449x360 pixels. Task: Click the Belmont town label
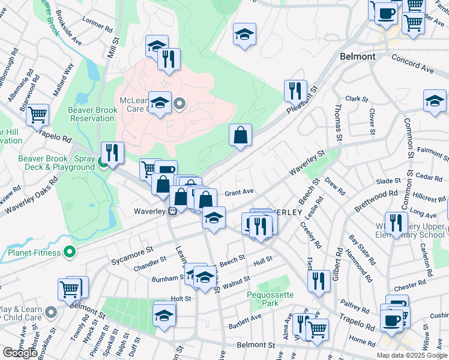tap(357, 56)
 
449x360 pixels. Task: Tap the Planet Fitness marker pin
tap(70, 253)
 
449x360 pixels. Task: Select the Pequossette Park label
tap(271, 299)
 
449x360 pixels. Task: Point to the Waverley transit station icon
tap(172, 211)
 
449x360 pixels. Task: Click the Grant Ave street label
tap(240, 193)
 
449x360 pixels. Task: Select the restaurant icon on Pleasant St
tap(295, 91)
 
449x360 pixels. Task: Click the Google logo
tap(19, 353)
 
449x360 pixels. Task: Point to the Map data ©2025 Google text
tap(411, 355)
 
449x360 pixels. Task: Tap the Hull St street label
tap(263, 260)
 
